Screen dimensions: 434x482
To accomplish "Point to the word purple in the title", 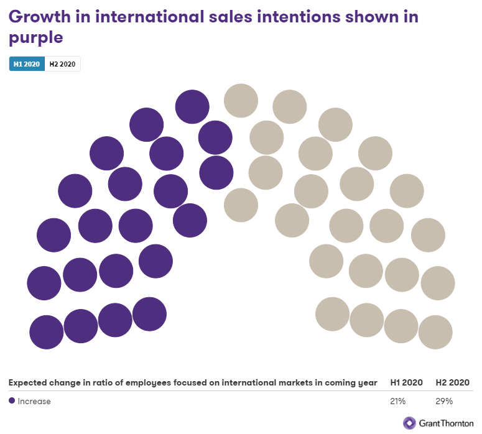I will point(36,37).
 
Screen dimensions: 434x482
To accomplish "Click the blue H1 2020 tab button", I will point(27,64).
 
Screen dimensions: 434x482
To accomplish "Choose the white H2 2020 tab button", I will point(62,64).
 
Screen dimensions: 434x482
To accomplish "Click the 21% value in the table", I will point(398,401).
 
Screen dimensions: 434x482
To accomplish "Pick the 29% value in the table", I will point(444,401).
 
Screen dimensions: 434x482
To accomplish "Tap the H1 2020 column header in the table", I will point(407,382).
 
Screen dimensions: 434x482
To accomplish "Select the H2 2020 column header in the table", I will point(452,382).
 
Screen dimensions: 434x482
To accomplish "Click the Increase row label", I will point(34,401).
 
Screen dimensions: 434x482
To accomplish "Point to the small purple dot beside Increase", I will point(12,401).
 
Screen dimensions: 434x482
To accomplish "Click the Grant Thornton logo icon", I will point(409,423).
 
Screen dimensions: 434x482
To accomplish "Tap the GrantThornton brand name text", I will point(447,423).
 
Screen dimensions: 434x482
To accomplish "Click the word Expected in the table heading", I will point(28,382).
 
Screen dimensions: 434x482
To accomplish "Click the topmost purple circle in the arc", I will point(192,106).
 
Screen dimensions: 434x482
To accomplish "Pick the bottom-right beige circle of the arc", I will point(435,332).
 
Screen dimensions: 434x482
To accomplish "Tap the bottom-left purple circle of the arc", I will point(47,332).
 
